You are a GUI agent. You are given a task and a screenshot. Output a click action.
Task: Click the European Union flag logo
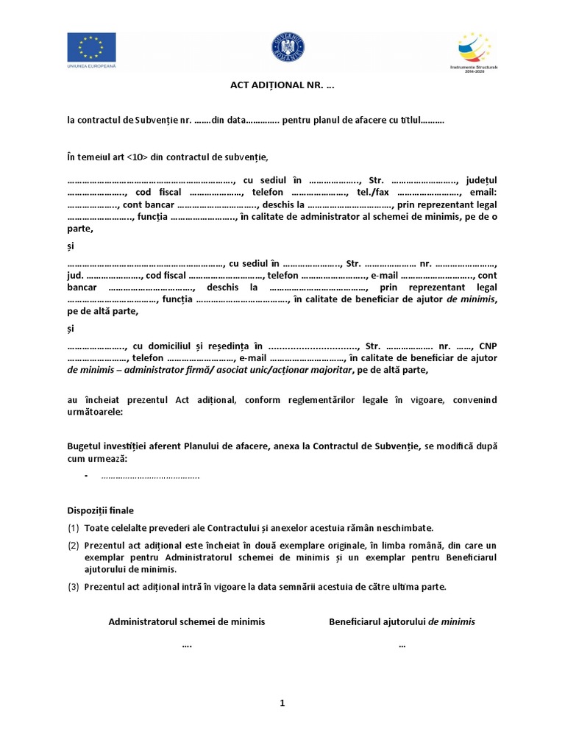pyautogui.click(x=91, y=49)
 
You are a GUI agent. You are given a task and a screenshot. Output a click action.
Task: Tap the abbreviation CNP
pyautogui.click(x=488, y=346)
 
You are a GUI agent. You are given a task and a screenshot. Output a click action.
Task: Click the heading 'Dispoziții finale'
pyautogui.click(x=101, y=510)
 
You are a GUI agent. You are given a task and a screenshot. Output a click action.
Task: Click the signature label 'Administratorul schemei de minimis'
pyautogui.click(x=187, y=621)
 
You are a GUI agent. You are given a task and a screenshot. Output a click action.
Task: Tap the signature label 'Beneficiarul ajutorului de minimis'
pyautogui.click(x=402, y=621)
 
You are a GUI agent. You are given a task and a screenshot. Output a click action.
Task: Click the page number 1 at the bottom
pyautogui.click(x=282, y=703)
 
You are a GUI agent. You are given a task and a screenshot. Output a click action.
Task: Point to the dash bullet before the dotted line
pyautogui.click(x=87, y=477)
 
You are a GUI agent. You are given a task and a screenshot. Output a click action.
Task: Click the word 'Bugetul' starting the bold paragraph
pyautogui.click(x=86, y=446)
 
